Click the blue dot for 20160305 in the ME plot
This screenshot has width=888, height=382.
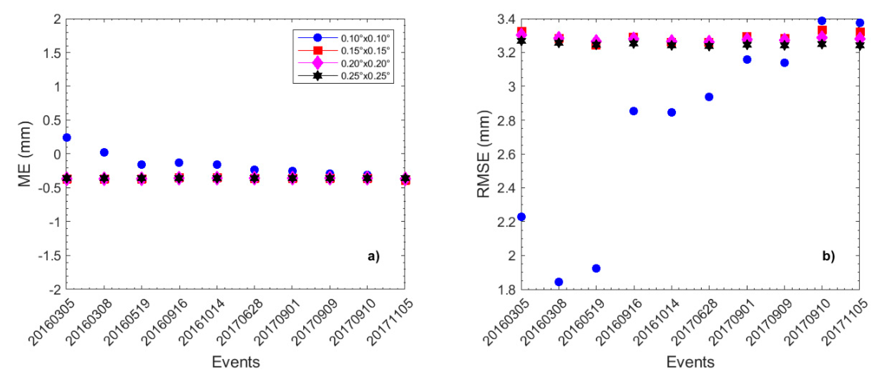pyautogui.click(x=67, y=137)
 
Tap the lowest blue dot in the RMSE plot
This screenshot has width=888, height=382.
pyautogui.click(x=559, y=282)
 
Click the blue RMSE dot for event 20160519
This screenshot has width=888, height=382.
pyautogui.click(x=596, y=268)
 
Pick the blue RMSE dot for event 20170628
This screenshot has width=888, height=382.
pyautogui.click(x=709, y=97)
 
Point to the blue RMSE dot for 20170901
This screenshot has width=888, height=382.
pyautogui.click(x=747, y=60)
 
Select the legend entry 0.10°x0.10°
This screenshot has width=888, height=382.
pyautogui.click(x=365, y=38)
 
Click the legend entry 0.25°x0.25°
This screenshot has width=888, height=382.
pyautogui.click(x=365, y=76)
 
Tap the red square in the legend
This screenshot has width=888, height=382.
pyautogui.click(x=317, y=51)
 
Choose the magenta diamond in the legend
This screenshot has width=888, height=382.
pyautogui.click(x=317, y=63)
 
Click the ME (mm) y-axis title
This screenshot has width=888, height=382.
pyautogui.click(x=24, y=154)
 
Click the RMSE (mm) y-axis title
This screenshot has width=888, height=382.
pyautogui.click(x=483, y=154)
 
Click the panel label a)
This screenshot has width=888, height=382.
pyautogui.click(x=373, y=256)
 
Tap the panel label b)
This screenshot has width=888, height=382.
pyautogui.click(x=828, y=256)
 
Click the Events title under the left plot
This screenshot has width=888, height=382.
pyautogui.click(x=236, y=362)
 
